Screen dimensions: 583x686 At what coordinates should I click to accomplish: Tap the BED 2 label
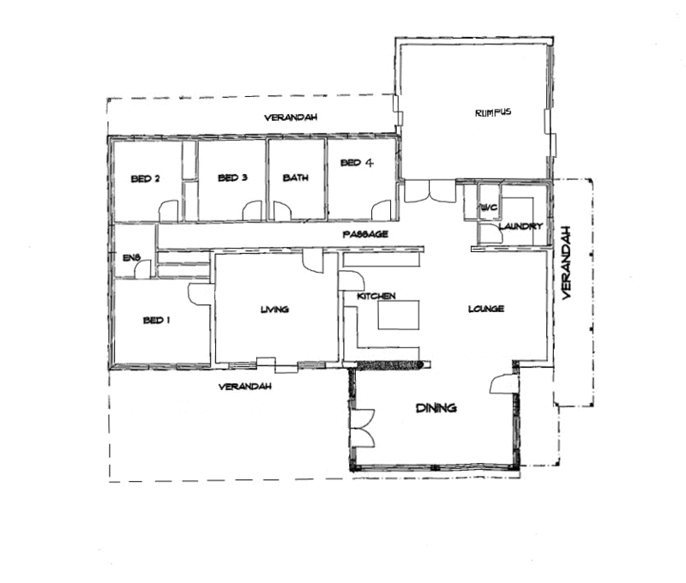(x=146, y=178)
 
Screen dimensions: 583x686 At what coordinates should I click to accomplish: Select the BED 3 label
(x=232, y=178)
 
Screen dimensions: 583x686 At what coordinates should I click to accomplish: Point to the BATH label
(x=296, y=178)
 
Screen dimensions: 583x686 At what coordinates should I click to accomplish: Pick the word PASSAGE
(x=366, y=234)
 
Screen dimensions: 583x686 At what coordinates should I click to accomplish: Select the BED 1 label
(x=156, y=320)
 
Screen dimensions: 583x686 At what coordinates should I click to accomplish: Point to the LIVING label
(x=274, y=310)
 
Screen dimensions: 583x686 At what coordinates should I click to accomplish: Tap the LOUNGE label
(x=485, y=309)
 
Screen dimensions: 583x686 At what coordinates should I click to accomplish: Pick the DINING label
(x=436, y=408)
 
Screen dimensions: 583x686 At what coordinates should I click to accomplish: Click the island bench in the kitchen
(x=396, y=315)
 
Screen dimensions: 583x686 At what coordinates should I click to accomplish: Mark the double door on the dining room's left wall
(x=362, y=427)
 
